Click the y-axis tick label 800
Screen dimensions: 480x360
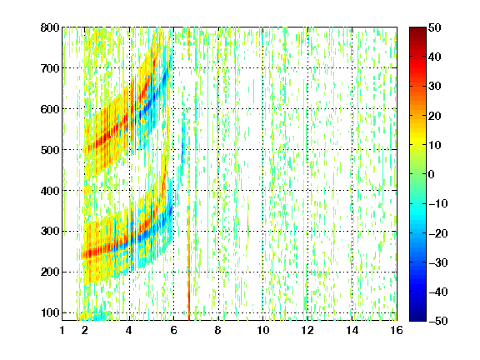coord(50,27)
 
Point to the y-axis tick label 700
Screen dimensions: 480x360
coord(50,68)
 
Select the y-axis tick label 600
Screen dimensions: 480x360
coord(50,109)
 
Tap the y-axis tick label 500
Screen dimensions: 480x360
coord(50,150)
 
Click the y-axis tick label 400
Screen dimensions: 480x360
coord(50,191)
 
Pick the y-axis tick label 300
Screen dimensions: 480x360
coord(50,232)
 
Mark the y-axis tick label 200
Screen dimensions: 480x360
coord(50,272)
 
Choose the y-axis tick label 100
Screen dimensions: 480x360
coord(50,312)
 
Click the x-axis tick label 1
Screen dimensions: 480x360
coord(62,330)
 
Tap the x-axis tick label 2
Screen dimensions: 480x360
coord(85,330)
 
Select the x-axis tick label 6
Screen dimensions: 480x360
coord(174,330)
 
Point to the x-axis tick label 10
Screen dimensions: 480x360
coord(263,330)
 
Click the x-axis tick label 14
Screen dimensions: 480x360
coord(352,330)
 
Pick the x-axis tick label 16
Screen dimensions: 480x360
coord(397,330)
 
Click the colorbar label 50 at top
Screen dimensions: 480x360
coord(434,27)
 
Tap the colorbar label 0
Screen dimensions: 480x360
coord(432,174)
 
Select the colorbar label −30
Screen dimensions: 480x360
coord(438,262)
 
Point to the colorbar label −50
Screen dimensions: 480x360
coord(438,321)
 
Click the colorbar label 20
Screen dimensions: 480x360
coord(434,116)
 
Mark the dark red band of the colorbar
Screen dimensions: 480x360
coord(417,35)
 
